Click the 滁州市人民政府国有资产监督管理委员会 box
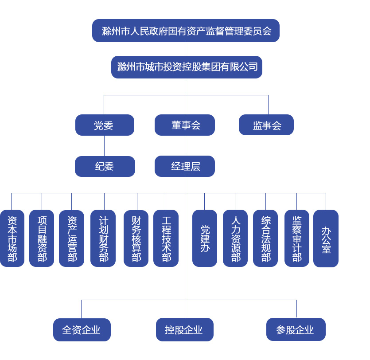click(186, 31)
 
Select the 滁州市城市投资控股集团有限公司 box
click(187, 67)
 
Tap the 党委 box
click(105, 125)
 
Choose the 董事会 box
click(185, 125)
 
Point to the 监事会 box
click(266, 125)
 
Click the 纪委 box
click(105, 166)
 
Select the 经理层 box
click(185, 166)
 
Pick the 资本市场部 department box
click(12, 239)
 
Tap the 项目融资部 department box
click(42, 239)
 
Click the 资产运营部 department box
click(71, 239)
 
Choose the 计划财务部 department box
click(103, 239)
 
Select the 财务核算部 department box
click(136, 239)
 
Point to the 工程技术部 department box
click(166, 239)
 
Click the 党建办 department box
click(204, 239)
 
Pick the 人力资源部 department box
click(235, 239)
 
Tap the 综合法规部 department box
click(265, 239)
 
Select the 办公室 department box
click(326, 239)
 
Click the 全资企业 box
click(82, 330)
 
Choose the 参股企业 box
click(296, 330)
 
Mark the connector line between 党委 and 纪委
click(105, 146)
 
